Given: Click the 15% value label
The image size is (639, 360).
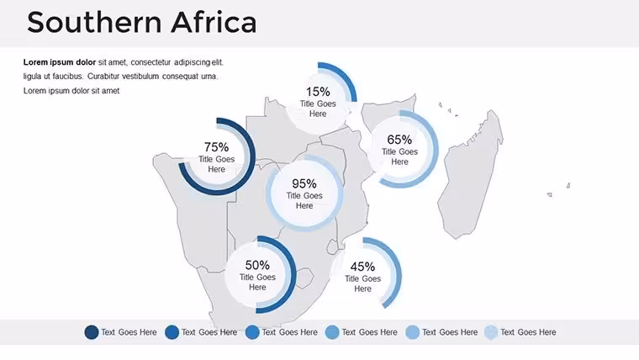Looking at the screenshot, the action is click(318, 92).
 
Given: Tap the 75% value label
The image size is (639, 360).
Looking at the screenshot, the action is click(216, 146).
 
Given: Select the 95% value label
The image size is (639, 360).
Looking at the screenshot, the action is click(304, 183).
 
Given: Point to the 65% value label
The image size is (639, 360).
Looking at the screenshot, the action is click(399, 140).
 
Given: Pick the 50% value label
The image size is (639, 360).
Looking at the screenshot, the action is click(257, 265).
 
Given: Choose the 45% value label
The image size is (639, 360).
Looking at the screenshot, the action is click(362, 267).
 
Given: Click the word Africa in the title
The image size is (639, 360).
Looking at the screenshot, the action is click(214, 23).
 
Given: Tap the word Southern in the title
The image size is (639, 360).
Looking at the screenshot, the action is click(94, 23).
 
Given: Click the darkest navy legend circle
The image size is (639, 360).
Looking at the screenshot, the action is click(92, 332).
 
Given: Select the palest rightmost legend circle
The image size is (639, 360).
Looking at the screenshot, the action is click(492, 332).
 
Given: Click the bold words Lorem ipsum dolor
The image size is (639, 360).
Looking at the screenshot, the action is click(60, 62).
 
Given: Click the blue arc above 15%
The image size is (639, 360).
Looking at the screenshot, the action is click(346, 77).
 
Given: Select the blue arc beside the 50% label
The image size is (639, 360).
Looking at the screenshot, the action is click(293, 274).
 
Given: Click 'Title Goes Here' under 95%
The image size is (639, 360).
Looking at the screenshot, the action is click(304, 200).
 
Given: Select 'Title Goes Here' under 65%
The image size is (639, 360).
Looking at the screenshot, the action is click(399, 156).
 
